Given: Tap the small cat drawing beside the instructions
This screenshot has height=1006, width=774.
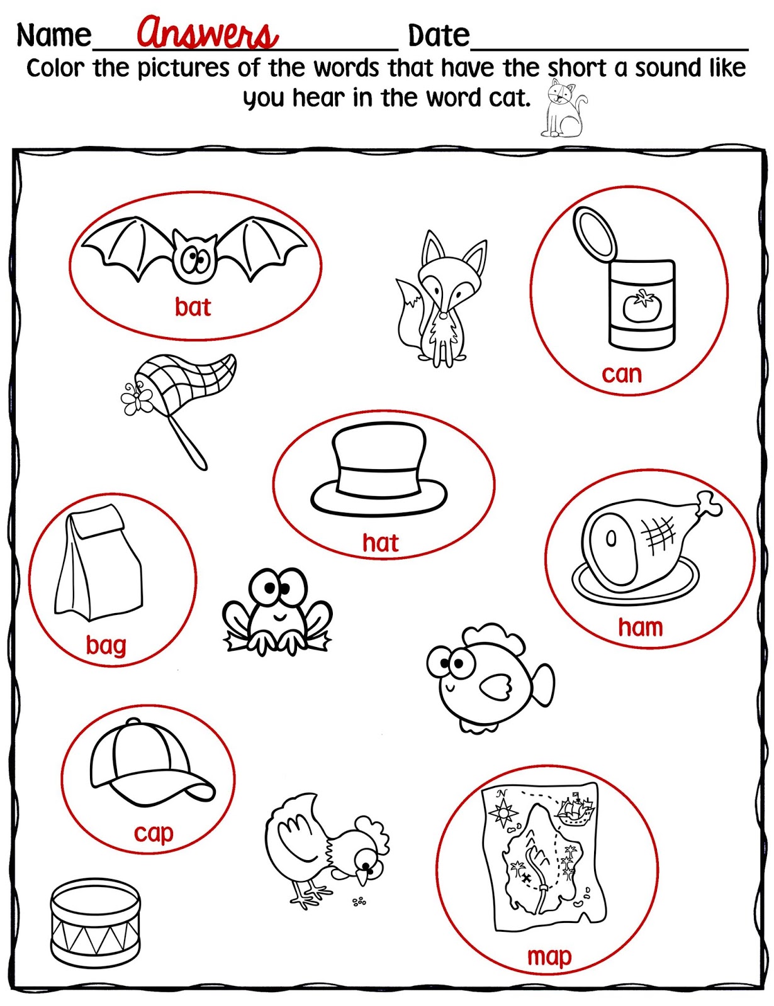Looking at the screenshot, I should point(563,110).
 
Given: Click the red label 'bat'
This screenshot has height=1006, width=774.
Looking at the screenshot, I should point(193,307).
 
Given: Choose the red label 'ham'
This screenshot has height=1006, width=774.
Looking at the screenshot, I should point(641,627).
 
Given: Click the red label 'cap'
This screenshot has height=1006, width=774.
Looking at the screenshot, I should point(153,833).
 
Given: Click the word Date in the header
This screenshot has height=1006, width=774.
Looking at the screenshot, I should point(439,35).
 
